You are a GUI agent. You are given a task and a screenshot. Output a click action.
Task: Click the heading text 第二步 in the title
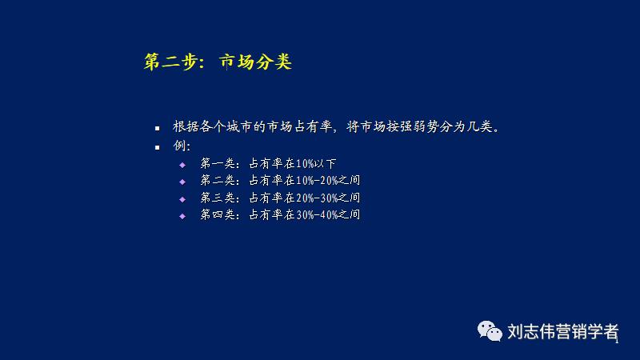169,62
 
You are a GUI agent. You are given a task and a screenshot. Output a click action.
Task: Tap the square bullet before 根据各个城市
158,128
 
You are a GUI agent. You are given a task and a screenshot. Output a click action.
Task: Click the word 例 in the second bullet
179,146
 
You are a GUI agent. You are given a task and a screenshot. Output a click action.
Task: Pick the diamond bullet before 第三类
182,198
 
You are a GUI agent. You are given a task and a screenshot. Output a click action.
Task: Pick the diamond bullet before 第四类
182,216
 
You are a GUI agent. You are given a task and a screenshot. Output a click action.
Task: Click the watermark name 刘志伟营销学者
563,331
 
